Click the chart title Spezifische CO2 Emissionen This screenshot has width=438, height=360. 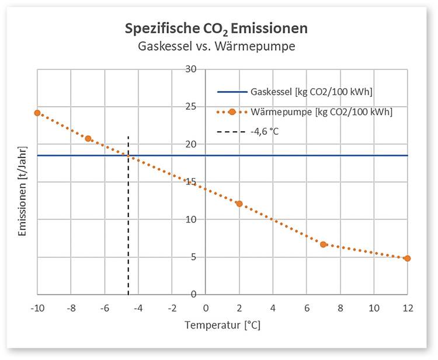[216, 29]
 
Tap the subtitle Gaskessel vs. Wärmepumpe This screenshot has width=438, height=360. [216, 46]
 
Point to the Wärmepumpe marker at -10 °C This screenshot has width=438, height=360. [37, 113]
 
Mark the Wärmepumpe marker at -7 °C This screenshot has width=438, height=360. [88, 138]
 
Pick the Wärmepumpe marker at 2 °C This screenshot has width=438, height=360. [239, 204]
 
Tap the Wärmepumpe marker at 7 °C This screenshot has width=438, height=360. [323, 244]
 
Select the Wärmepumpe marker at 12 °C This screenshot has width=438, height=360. [407, 258]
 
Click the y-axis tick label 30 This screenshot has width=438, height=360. [192, 69]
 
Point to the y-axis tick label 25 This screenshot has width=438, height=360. [192, 107]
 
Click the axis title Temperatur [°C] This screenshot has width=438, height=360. [223, 325]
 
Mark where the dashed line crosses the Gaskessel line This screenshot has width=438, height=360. [128, 155]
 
